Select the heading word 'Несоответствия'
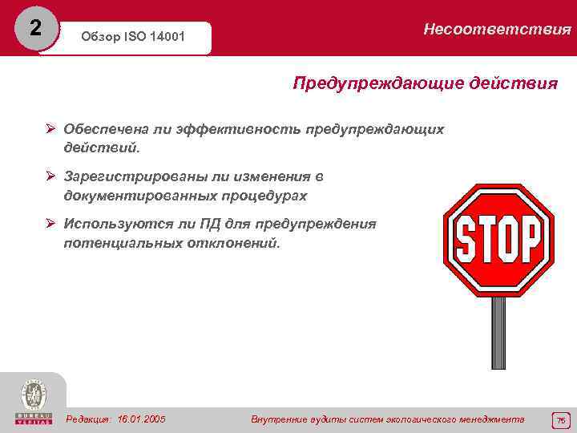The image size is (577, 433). click(497, 30)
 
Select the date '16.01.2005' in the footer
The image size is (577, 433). click(141, 419)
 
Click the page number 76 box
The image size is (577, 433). click(560, 419)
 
